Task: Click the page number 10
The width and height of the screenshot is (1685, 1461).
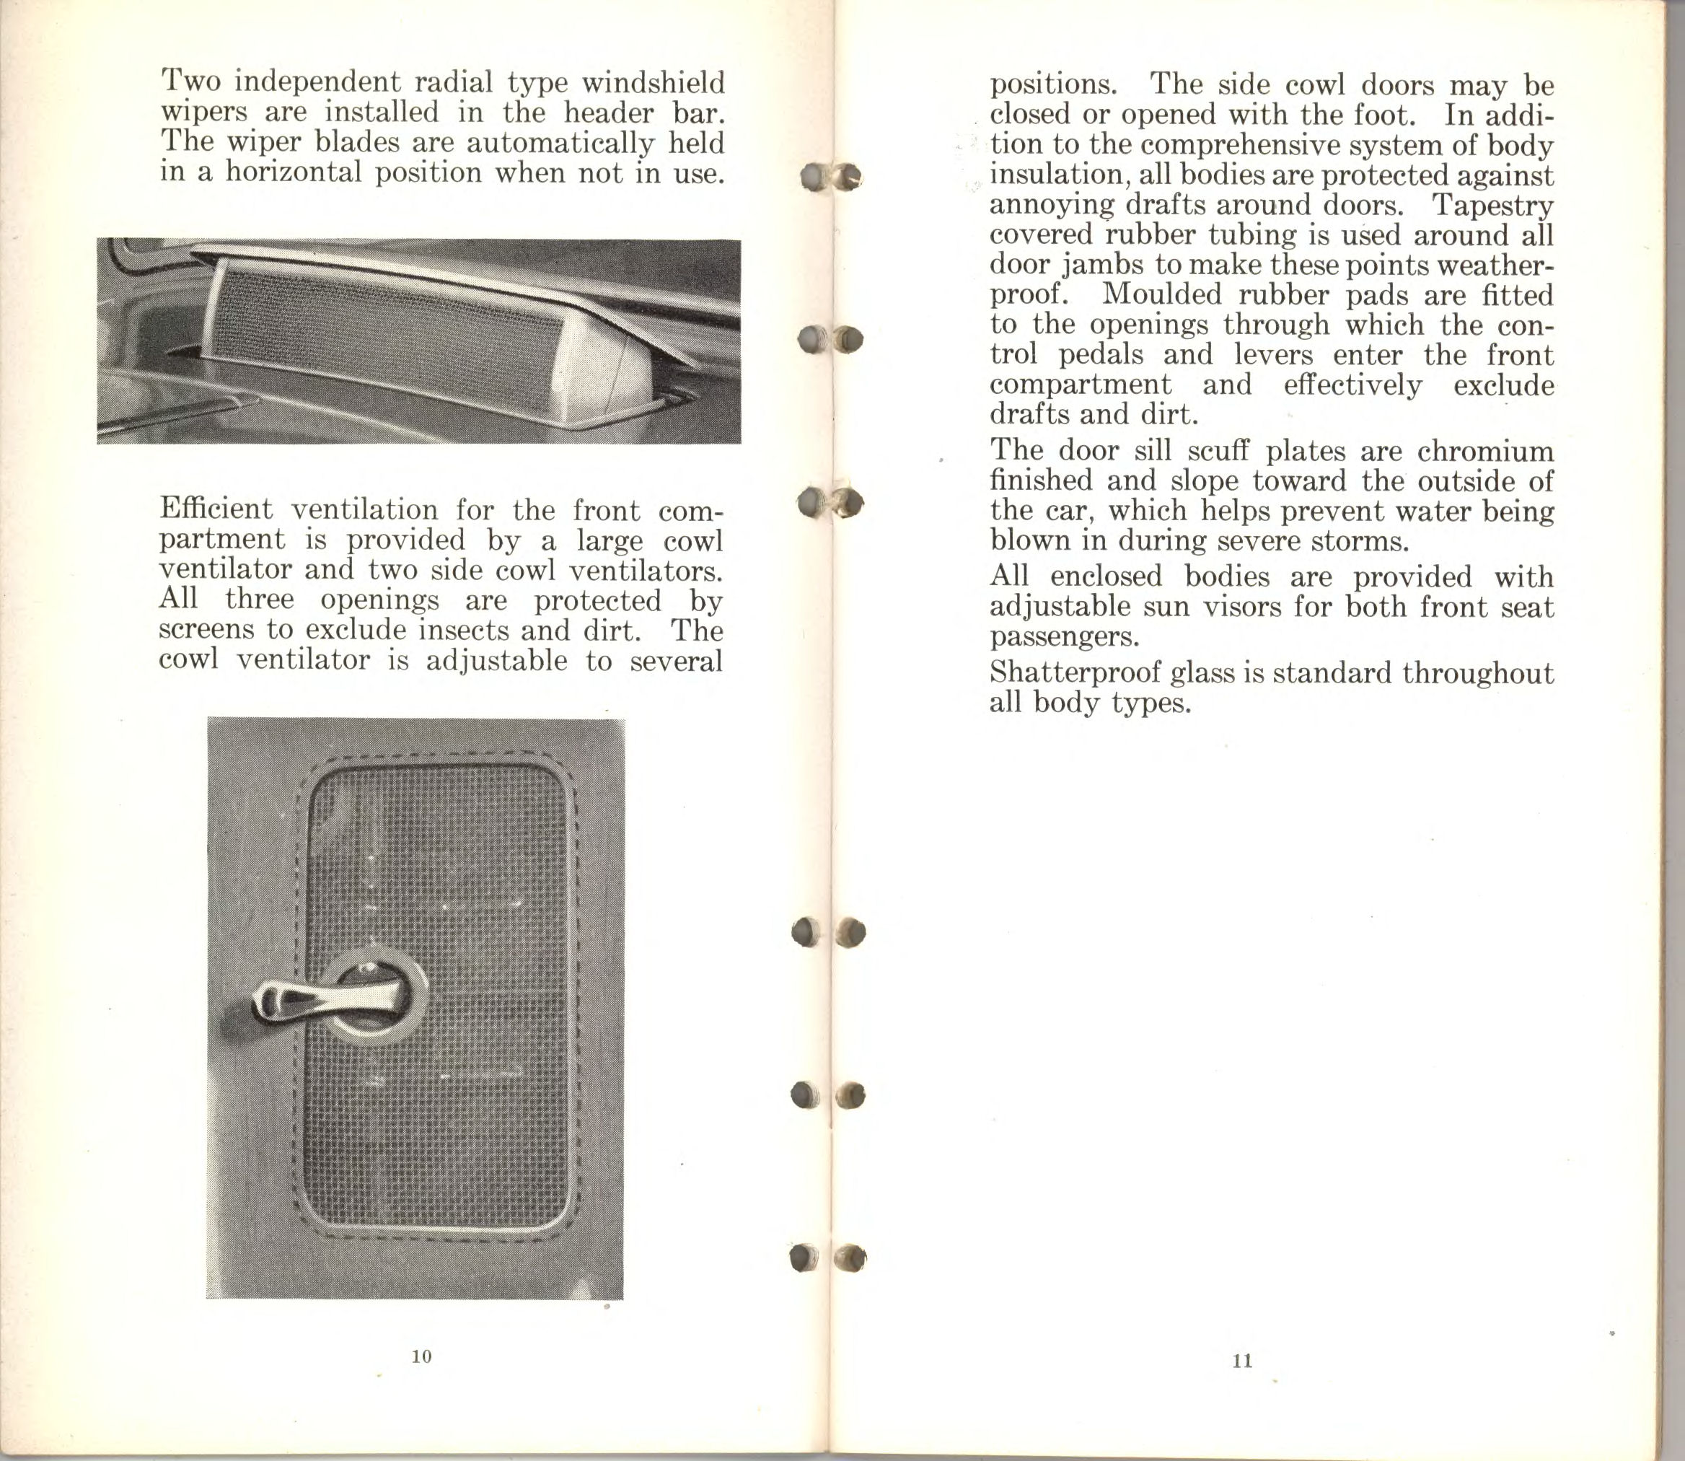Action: (x=421, y=1356)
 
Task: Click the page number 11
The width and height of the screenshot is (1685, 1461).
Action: (x=1242, y=1361)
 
